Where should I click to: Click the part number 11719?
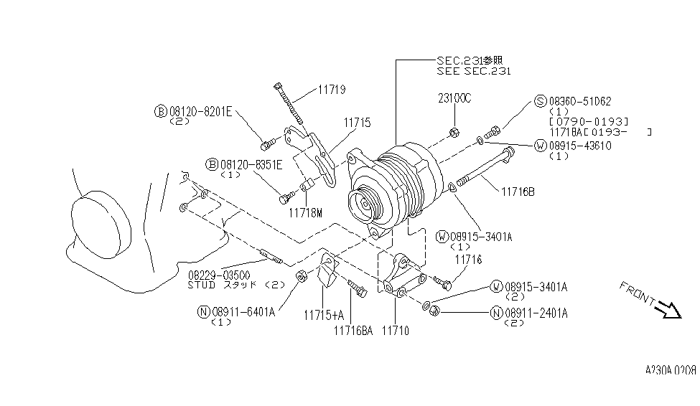click(332, 90)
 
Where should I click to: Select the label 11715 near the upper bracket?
click(357, 123)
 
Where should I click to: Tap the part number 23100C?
click(454, 98)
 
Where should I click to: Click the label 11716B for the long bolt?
click(518, 192)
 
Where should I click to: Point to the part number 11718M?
click(305, 213)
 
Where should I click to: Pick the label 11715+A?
click(324, 316)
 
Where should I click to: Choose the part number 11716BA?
click(353, 331)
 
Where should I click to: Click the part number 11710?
click(396, 331)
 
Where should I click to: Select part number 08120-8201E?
click(201, 111)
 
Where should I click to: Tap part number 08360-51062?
click(580, 101)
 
